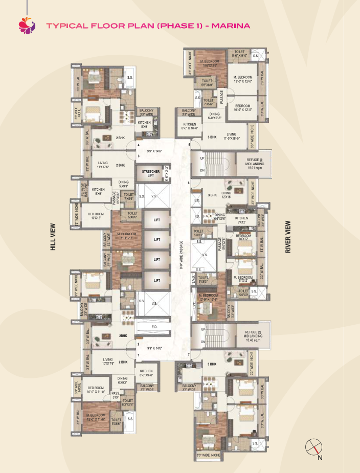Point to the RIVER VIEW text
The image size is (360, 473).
[288, 237]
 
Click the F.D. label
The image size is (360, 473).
[197, 216]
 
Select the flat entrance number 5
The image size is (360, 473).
[189, 145]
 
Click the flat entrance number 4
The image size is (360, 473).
[138, 145]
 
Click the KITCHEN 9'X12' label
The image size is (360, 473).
[241, 220]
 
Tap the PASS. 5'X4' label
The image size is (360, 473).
[116, 395]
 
